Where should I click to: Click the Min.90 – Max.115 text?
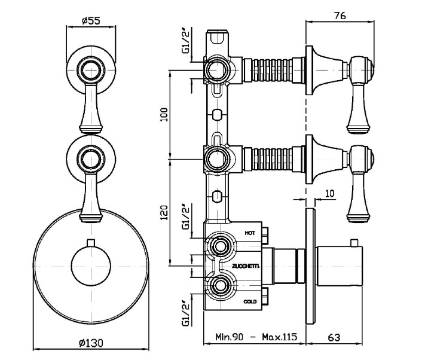(x=256, y=338)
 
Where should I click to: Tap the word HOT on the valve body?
(x=250, y=231)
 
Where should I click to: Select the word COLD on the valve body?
(x=250, y=302)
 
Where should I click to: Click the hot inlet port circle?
(x=221, y=247)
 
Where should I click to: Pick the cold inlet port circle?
(x=221, y=286)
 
